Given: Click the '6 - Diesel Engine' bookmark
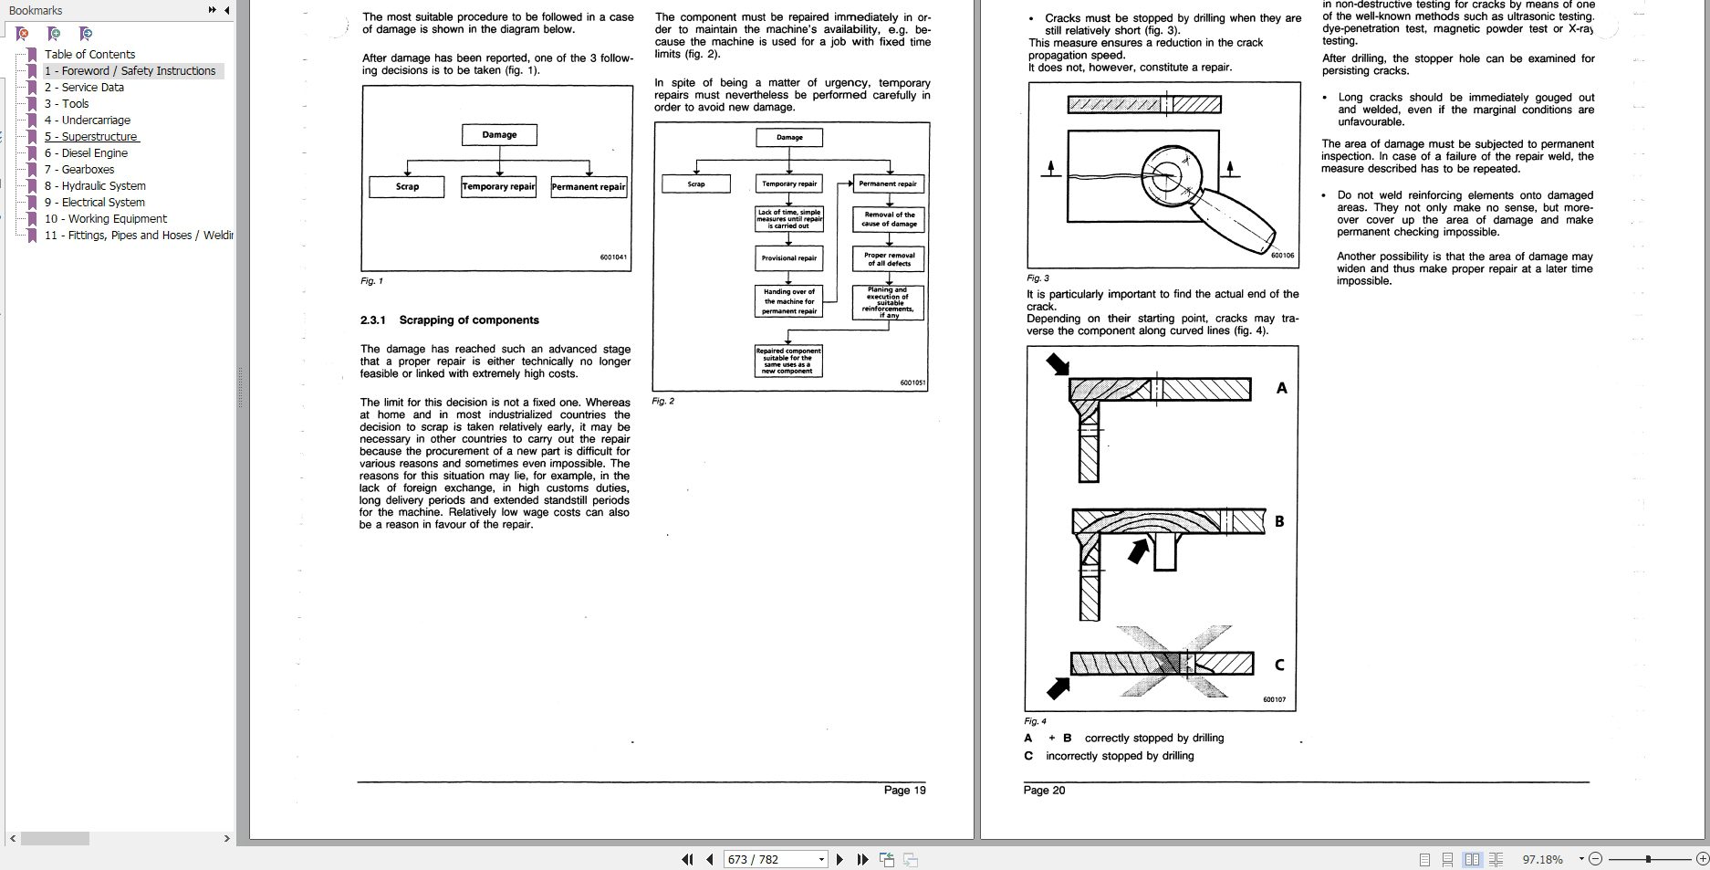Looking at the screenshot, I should pos(86,152).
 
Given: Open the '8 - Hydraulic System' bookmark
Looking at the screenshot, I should pos(95,185).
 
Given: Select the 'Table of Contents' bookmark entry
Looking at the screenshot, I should pos(89,54).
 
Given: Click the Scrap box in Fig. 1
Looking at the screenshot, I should pos(407,186).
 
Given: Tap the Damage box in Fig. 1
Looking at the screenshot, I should pos(499,135).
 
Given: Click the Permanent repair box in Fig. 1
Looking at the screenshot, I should pos(589,186).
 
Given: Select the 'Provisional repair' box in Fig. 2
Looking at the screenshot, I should pos(789,258).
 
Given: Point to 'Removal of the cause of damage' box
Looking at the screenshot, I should pos(889,219).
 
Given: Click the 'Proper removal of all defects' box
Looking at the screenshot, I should pos(889,259).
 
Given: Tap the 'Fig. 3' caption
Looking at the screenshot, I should pos(1037,278).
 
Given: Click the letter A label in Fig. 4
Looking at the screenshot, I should pos(1281,388).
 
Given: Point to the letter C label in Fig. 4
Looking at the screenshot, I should pos(1278,665).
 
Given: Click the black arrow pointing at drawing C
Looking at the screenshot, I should pos(1058,687).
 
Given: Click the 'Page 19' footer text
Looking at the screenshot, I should pos(904,790).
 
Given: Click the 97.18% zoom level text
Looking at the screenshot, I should pos(1542,859).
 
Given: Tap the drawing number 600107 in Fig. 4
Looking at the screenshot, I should pos(1274,699).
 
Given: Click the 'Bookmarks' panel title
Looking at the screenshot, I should pos(36,10).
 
